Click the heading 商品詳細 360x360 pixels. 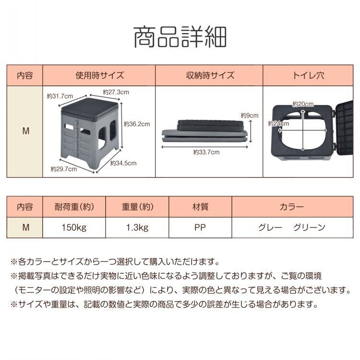pos(180,37)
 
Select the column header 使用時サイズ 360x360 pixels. pos(99,75)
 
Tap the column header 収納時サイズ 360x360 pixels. pos(210,75)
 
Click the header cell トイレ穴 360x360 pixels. pos(308,75)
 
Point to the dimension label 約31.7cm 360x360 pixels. pos(60,96)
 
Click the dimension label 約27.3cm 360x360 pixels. pos(116,92)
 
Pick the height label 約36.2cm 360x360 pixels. pos(137,124)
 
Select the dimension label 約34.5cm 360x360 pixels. pos(123,163)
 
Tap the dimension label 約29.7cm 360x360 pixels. pos(63,169)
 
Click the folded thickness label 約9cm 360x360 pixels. pos(250,115)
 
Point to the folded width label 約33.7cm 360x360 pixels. pos(206,152)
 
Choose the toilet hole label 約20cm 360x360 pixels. pos(303,104)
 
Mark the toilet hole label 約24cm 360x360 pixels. pos(278,124)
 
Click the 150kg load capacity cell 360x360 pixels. pos(74,228)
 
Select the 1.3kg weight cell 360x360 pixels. pos(137,228)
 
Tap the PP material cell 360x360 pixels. pos(200,228)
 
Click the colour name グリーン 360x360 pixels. pos(309,228)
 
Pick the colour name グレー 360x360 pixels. pos(270,228)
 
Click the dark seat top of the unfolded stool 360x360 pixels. pos(91,109)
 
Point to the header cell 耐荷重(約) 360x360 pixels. pos(74,207)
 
